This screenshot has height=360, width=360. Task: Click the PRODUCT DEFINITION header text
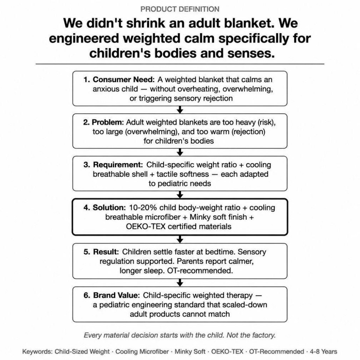point(180,9)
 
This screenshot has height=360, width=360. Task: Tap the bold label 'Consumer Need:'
point(124,80)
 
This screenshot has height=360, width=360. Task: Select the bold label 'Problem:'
point(107,122)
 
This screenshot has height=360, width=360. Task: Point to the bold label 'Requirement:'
point(118,165)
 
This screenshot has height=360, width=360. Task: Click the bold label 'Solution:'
point(109,208)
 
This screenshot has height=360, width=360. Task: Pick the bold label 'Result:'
point(106,252)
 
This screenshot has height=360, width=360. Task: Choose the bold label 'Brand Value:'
point(116,295)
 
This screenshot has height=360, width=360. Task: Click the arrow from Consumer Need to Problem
point(180,110)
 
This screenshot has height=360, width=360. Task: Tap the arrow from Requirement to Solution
point(180,195)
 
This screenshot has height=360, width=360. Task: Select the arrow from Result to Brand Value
point(180,283)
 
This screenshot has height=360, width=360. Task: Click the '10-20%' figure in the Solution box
point(143,208)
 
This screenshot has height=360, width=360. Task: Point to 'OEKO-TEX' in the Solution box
point(146,226)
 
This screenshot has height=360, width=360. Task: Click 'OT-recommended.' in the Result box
point(200,271)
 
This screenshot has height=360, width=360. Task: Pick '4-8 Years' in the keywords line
point(324,352)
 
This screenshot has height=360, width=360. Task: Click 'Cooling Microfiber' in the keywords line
point(142,352)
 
